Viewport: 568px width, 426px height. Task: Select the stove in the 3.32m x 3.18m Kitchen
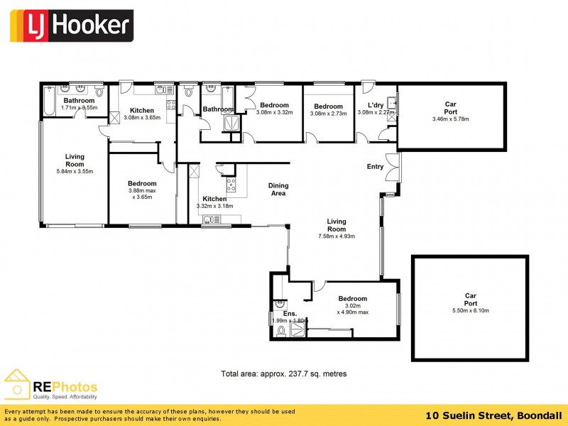click(x=231, y=185)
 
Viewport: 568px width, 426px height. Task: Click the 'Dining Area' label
click(x=278, y=189)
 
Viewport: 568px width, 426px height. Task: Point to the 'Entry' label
click(x=375, y=167)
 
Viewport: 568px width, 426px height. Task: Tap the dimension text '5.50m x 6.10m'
click(x=470, y=310)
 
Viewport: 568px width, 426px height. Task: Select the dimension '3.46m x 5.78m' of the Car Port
click(x=450, y=119)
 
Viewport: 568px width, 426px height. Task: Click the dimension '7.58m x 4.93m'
click(x=337, y=236)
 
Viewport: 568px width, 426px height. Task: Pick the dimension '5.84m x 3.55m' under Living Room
click(x=75, y=171)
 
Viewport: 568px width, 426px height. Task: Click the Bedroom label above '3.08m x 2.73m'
click(x=329, y=106)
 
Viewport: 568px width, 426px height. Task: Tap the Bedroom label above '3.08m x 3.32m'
click(x=274, y=105)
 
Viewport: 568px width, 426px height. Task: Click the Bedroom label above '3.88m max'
click(x=142, y=183)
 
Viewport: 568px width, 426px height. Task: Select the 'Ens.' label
click(x=290, y=312)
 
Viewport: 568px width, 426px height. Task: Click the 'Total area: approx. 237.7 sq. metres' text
click(x=284, y=373)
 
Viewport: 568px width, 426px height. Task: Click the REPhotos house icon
click(x=17, y=384)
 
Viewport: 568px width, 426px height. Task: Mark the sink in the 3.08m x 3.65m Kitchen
click(x=163, y=90)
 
